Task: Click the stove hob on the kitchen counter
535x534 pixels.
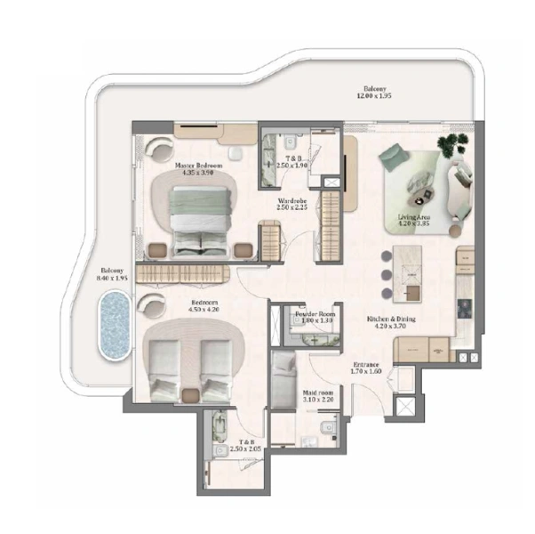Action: point(464,308)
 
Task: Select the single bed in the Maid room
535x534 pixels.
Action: point(284,378)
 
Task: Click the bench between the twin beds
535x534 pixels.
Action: point(189,392)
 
